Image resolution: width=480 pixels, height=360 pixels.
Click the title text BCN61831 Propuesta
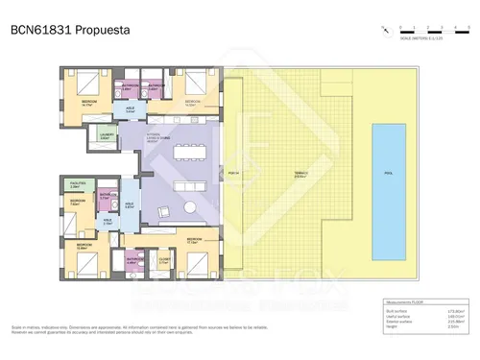[x=59, y=29]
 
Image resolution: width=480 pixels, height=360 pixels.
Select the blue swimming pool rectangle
[x=388, y=173]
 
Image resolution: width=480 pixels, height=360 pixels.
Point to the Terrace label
[x=300, y=173]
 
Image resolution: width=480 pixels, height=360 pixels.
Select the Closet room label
[x=164, y=258]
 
